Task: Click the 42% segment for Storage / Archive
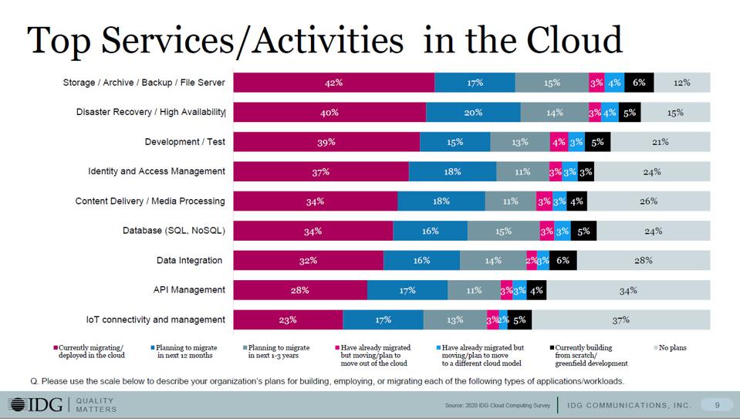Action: click(x=333, y=83)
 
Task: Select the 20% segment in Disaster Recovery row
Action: click(x=473, y=113)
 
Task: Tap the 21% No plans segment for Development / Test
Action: click(x=660, y=142)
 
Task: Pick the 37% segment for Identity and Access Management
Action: click(x=321, y=172)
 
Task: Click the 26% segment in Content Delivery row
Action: click(x=648, y=201)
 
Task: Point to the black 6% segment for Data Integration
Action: click(x=563, y=261)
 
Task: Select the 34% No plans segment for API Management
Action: click(x=627, y=291)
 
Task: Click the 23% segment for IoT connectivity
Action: click(x=288, y=319)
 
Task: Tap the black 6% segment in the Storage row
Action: click(x=639, y=83)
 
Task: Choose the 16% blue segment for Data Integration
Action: click(x=421, y=261)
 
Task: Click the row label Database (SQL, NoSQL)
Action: click(x=174, y=231)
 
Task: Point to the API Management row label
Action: click(x=189, y=290)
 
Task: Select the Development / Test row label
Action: click(x=184, y=142)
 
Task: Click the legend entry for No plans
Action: click(x=671, y=348)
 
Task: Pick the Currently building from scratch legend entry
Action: click(x=590, y=355)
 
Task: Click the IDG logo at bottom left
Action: click(x=36, y=404)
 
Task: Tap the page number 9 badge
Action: click(x=717, y=404)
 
